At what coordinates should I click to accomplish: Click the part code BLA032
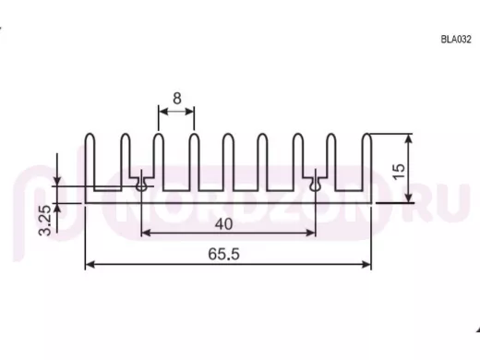[456, 40]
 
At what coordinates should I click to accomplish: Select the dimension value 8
[177, 99]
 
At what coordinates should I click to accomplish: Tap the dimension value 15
[399, 172]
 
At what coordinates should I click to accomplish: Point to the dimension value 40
[223, 224]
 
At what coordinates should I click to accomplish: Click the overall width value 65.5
[223, 254]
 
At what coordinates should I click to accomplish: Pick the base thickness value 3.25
[45, 221]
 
